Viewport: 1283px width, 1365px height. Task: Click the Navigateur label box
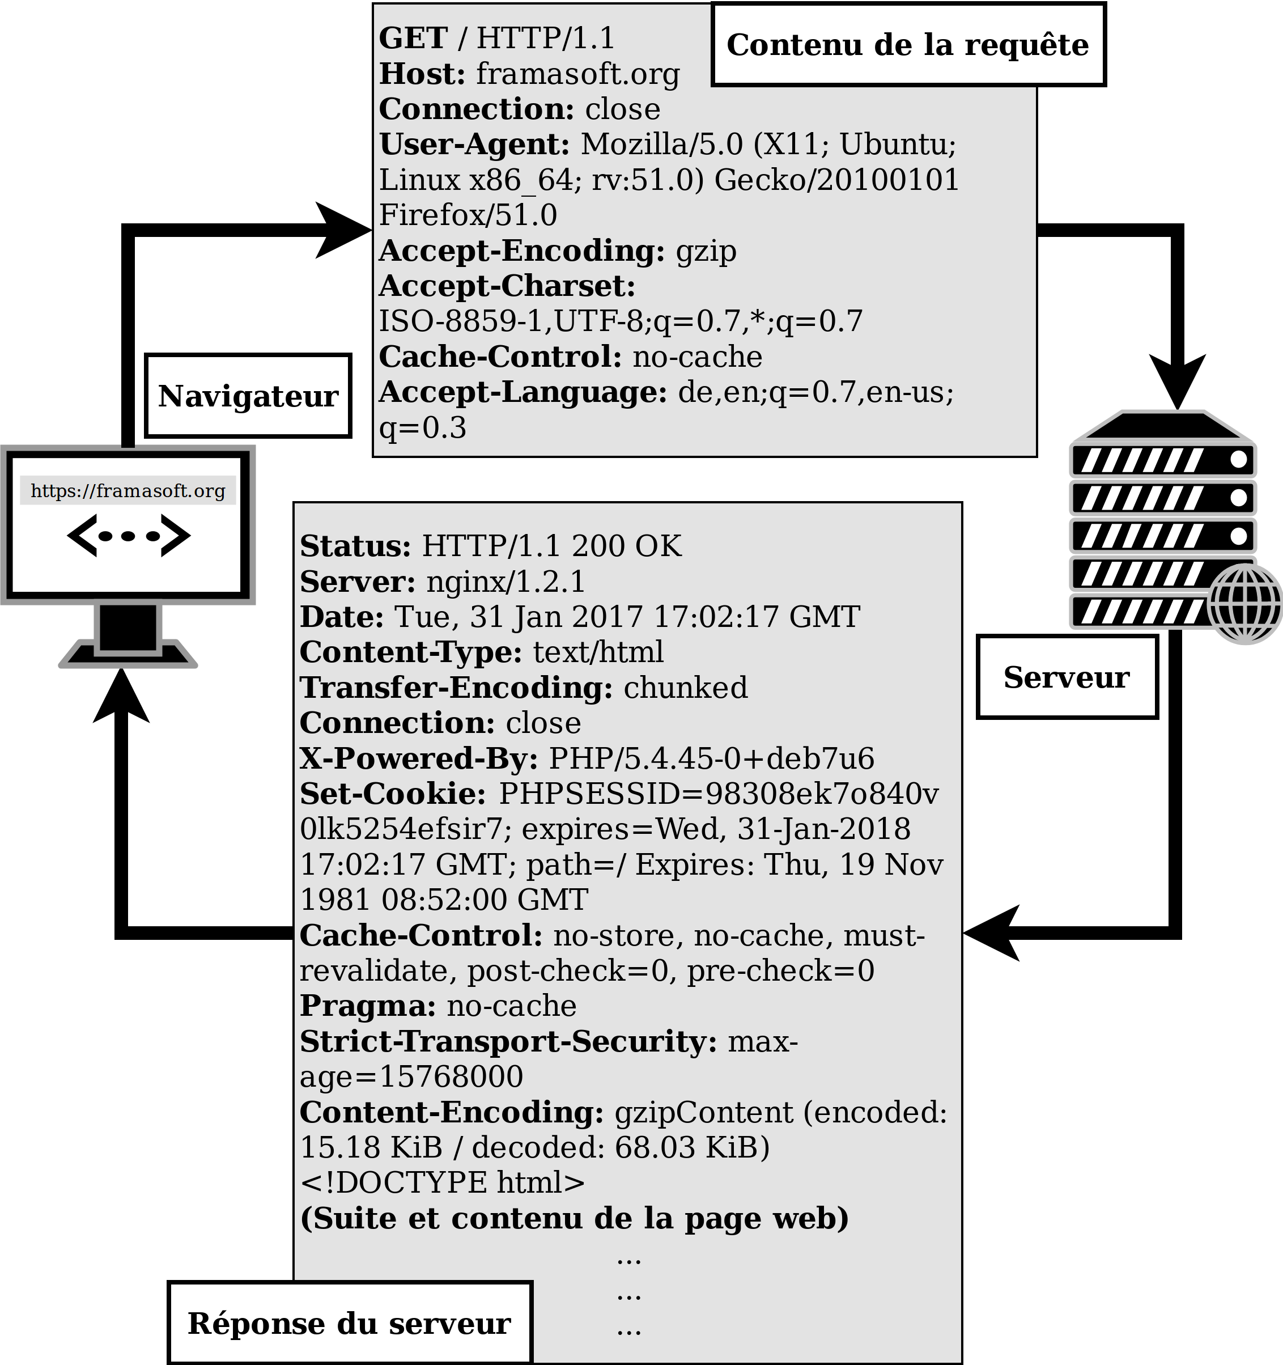tap(248, 396)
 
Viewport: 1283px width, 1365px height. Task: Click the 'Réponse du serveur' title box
tap(350, 1322)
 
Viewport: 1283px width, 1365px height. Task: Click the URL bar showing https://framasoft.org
tap(128, 491)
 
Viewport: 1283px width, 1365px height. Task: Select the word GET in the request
tap(413, 38)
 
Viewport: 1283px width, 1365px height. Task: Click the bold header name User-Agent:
tap(474, 144)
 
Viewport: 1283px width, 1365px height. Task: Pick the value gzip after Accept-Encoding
tap(706, 251)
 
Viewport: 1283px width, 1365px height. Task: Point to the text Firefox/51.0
tap(468, 215)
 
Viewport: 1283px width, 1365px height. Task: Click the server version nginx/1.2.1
tap(506, 582)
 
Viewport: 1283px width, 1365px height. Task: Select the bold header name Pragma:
tap(368, 1006)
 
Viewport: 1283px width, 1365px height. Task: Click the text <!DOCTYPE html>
tap(443, 1183)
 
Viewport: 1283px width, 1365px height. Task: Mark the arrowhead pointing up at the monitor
tap(121, 697)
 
